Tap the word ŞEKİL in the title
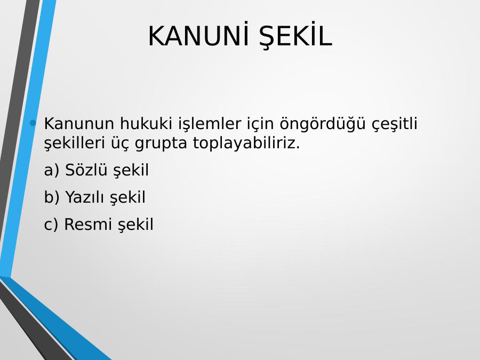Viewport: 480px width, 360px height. [295, 36]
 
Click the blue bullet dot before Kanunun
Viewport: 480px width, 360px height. [33, 123]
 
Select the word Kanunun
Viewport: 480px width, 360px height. [79, 124]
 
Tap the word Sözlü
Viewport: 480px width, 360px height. [85, 170]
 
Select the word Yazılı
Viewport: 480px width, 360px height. [85, 197]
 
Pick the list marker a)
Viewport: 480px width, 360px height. [51, 170]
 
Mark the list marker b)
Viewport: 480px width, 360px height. [51, 197]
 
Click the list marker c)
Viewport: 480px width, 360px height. [51, 225]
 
